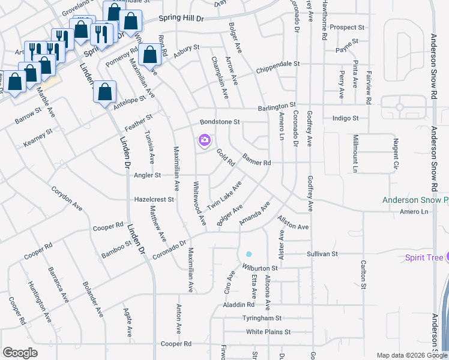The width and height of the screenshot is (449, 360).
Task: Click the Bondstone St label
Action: point(220,122)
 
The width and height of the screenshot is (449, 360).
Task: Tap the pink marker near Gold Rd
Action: point(205,140)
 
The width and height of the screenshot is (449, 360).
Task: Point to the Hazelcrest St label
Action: point(154,199)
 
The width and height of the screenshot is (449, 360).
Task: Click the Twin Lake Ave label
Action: point(224,196)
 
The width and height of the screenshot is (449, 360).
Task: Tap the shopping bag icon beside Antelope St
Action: point(104,92)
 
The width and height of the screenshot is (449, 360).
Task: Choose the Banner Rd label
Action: point(257,160)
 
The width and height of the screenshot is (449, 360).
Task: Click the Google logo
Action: point(20,353)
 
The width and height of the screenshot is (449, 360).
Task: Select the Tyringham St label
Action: point(262,318)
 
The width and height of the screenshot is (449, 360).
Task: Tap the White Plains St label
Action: point(268,331)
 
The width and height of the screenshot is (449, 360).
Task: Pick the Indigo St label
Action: point(345,119)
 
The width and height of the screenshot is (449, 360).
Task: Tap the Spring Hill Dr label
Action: point(182,19)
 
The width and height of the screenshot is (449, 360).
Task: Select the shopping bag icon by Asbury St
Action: point(150,56)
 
